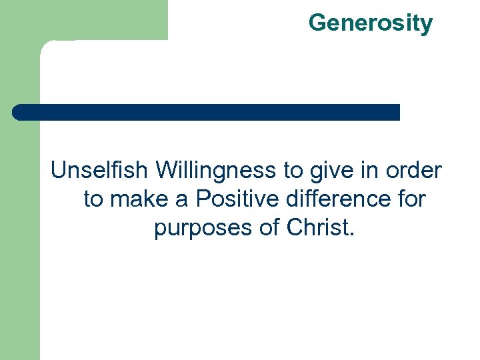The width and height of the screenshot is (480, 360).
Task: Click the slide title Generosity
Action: [370, 23]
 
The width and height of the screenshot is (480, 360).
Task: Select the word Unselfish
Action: [101, 171]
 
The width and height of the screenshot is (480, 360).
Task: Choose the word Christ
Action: [317, 227]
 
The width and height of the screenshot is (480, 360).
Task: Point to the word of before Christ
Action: [270, 227]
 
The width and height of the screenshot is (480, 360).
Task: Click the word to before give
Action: [293, 171]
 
